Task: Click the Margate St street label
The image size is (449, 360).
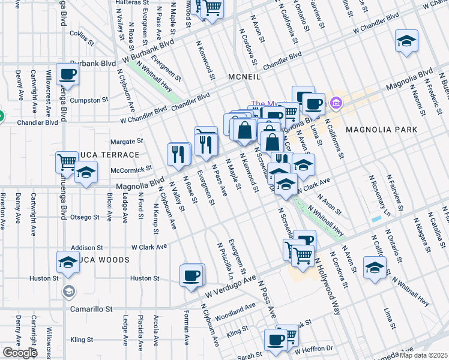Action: tap(127, 142)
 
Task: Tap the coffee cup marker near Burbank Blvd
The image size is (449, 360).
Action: tap(67, 75)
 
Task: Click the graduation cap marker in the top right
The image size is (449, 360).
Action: tap(406, 41)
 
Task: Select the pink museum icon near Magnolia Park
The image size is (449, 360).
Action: tap(335, 104)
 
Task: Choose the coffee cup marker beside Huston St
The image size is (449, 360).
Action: tap(191, 275)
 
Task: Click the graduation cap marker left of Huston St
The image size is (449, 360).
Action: tap(67, 262)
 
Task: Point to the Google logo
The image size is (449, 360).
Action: tap(20, 353)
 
